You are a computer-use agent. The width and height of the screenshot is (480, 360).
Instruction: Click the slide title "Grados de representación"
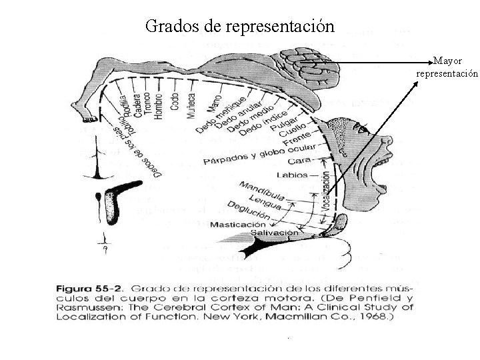click(x=239, y=26)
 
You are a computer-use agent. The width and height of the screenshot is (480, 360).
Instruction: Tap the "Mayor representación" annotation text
click(x=447, y=67)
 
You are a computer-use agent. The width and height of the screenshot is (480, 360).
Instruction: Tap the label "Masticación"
click(x=237, y=225)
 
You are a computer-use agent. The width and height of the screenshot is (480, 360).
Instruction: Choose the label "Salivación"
click(x=275, y=233)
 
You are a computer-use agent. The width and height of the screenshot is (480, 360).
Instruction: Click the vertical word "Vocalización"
click(x=325, y=193)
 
